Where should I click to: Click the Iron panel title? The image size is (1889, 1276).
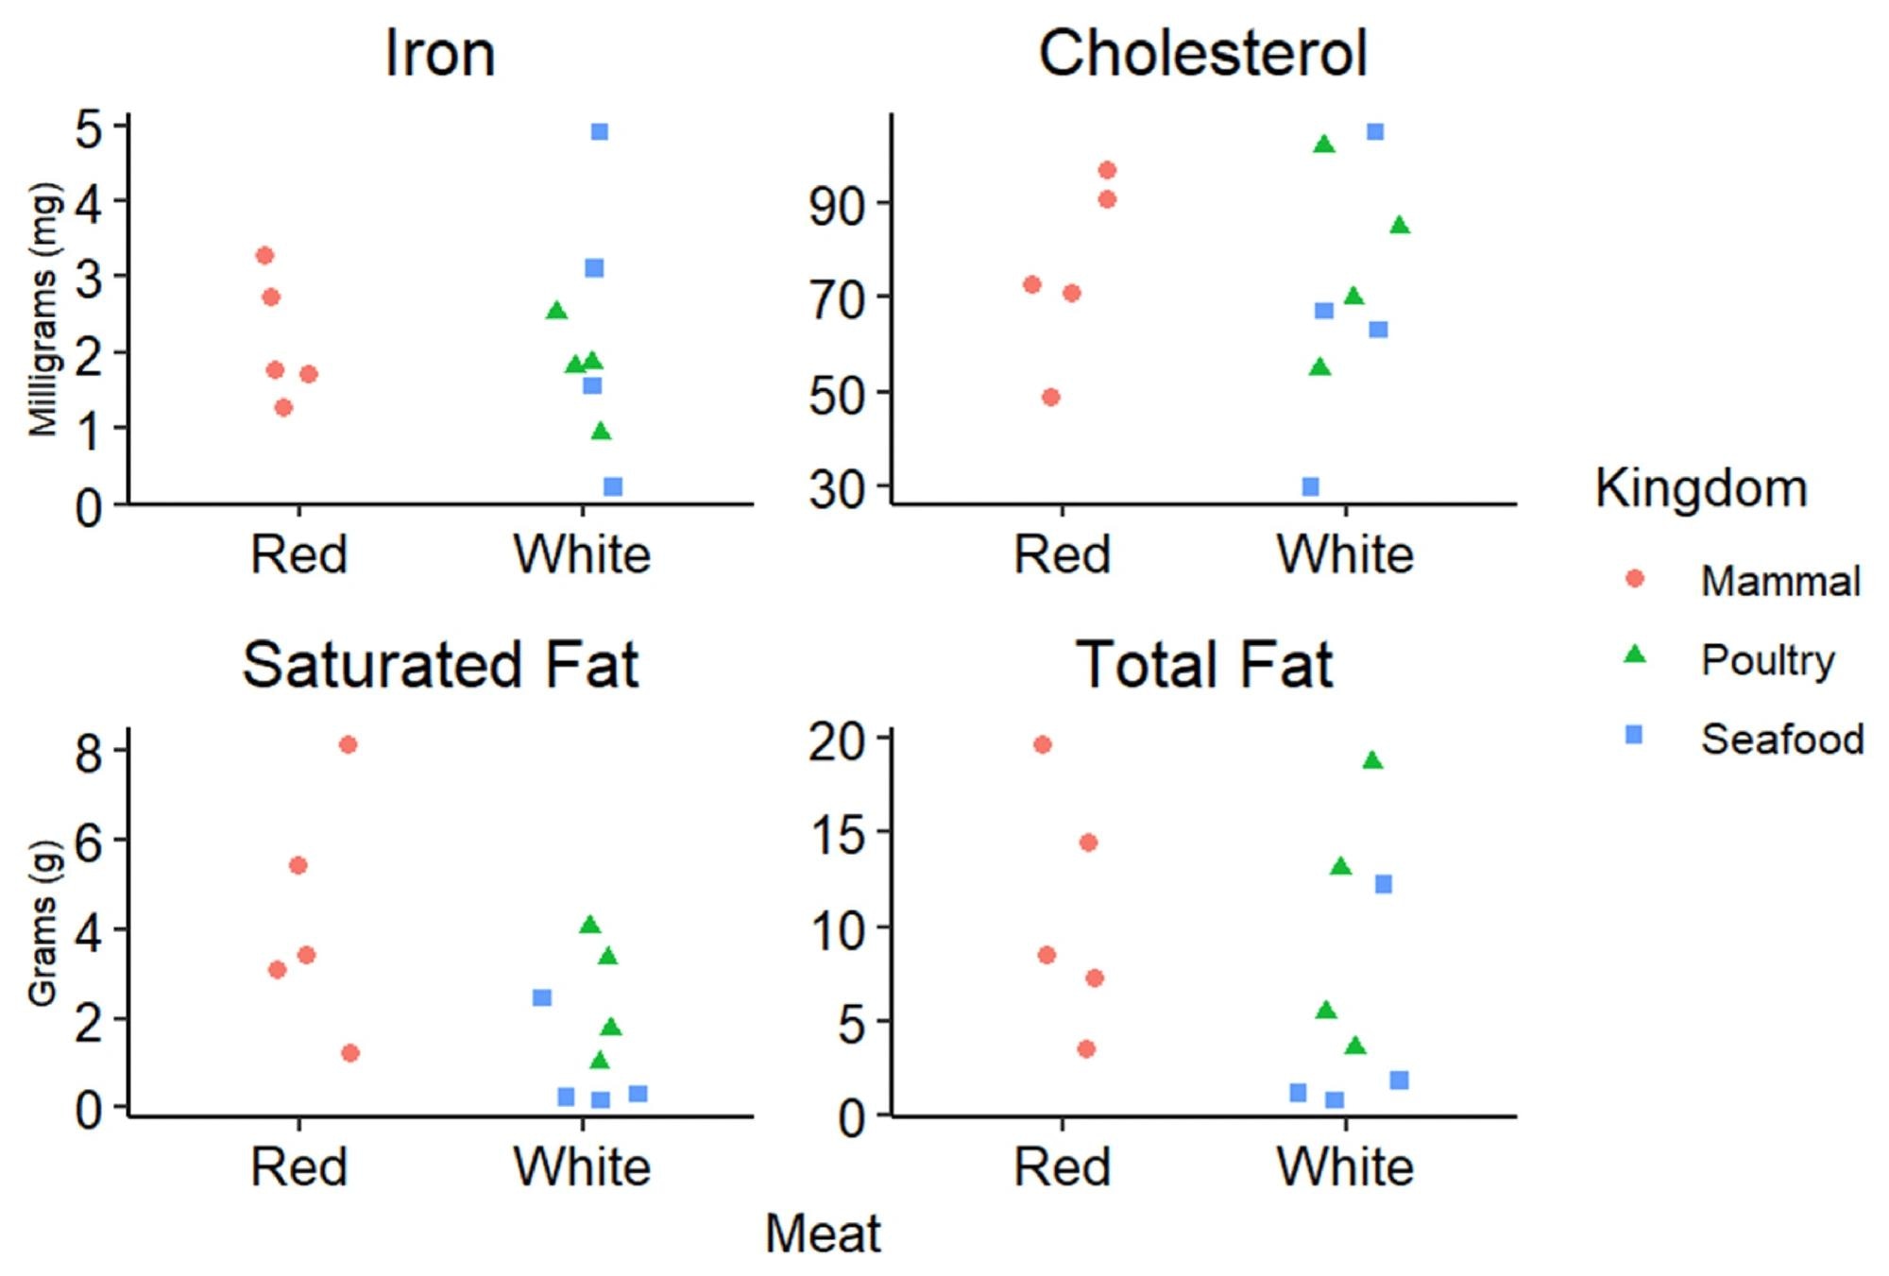tap(439, 54)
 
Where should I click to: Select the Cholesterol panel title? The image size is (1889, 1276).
tap(1202, 54)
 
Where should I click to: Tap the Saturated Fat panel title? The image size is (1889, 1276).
tap(440, 665)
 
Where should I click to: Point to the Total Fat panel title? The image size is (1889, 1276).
tap(1203, 665)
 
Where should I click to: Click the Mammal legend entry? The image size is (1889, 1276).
tap(1779, 581)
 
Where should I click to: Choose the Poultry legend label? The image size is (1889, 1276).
tap(1767, 660)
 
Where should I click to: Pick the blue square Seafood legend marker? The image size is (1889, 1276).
tap(1634, 735)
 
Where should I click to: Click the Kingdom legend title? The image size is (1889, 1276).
tap(1701, 489)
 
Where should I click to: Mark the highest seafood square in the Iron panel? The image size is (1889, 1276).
tap(599, 131)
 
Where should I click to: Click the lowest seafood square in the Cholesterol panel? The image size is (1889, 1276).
tap(1310, 486)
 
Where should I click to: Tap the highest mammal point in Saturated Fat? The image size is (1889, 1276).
tap(348, 744)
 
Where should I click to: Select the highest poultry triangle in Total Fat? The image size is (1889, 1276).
tap(1372, 760)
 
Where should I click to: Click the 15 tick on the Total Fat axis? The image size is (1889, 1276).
tap(837, 835)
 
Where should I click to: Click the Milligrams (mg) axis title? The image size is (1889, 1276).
tap(44, 310)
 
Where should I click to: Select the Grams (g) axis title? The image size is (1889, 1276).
tap(43, 924)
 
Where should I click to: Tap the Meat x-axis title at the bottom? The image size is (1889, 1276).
tap(822, 1233)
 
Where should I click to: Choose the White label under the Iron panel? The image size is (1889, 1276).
tap(582, 554)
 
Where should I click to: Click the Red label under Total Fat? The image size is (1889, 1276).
tap(1062, 1167)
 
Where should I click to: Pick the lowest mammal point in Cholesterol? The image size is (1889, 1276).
tap(1050, 397)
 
